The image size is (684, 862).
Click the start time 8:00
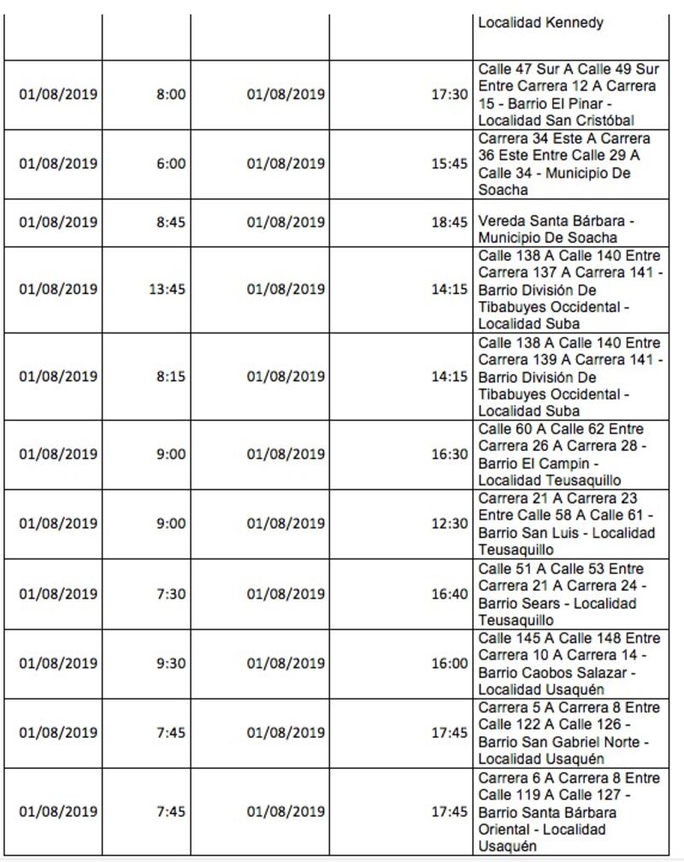point(170,94)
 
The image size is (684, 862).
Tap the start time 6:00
point(170,163)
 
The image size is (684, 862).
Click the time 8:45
point(170,222)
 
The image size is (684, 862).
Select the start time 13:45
point(167,289)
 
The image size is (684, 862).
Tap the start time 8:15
point(170,376)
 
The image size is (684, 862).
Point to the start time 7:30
point(170,593)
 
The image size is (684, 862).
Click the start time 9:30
point(170,663)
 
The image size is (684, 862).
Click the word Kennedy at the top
point(574,23)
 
